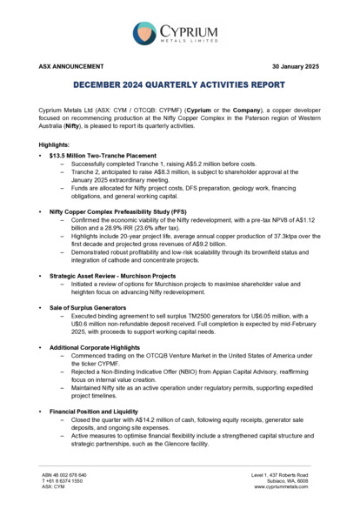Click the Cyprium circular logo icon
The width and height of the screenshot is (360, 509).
tap(145, 34)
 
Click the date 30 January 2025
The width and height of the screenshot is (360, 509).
tap(296, 66)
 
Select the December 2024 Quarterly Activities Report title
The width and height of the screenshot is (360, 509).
tap(179, 85)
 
